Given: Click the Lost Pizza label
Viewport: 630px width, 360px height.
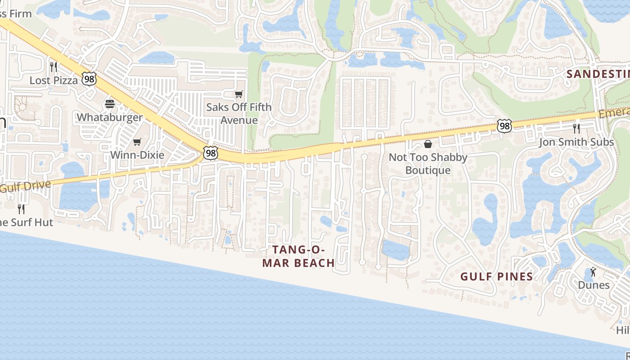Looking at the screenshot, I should (54, 81).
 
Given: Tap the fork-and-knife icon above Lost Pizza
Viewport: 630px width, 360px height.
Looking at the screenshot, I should (54, 67).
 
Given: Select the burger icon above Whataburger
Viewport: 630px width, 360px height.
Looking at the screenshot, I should (110, 104).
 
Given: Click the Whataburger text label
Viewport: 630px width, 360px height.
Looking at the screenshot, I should (110, 117).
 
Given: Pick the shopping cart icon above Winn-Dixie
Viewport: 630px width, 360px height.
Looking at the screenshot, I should (137, 142).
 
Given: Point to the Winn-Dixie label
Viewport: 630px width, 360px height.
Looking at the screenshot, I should (137, 155).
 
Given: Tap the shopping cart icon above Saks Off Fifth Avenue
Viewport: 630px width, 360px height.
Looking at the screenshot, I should (239, 94).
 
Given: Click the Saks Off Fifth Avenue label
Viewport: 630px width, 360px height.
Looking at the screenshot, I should (239, 113).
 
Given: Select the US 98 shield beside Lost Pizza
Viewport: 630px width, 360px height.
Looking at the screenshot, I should (89, 79).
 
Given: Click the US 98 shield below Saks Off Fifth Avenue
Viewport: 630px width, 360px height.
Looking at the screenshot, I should (210, 153).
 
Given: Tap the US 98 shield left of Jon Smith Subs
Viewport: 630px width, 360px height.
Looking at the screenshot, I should (504, 126).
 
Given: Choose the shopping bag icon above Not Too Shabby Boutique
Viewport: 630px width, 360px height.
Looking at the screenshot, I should (428, 144).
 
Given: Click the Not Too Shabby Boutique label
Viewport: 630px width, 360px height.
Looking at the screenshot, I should (428, 164).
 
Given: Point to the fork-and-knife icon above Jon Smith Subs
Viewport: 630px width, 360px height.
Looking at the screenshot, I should (576, 129).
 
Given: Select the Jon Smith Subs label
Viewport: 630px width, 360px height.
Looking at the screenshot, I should (576, 142).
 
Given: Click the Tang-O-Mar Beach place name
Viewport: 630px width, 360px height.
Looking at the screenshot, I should (298, 256).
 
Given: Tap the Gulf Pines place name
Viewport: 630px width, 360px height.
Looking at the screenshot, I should (496, 277).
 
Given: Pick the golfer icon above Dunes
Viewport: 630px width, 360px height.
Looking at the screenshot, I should (593, 272).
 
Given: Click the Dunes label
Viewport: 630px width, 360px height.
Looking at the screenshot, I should (594, 285).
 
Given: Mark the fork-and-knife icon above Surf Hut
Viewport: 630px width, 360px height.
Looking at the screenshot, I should (21, 209).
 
